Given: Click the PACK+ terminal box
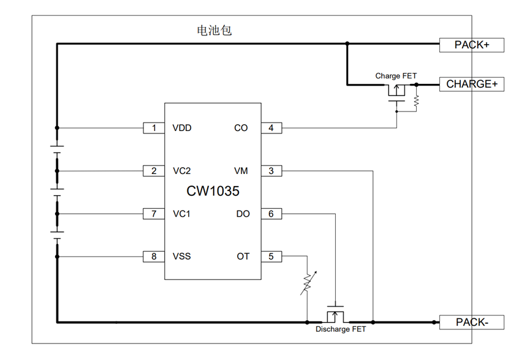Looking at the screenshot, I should pos(472,45).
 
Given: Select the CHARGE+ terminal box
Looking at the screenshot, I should pos(472,84).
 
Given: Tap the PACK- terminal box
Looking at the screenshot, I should pos(472,322).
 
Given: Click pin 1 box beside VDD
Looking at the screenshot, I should pos(154,128).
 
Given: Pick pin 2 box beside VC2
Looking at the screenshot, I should pos(154,171).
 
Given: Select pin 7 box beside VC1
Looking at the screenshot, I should pos(154,214).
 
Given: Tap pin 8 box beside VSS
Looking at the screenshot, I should pos(154,257).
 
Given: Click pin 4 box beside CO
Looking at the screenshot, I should pos(271,128).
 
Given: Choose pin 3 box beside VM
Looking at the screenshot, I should pos(271,171).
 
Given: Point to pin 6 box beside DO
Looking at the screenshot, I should pos(271,214).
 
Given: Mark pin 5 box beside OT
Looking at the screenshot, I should pos(271,257).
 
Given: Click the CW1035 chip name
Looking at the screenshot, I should pos(213,191).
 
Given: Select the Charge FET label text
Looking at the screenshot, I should pos(396,76).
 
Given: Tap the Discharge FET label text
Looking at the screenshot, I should pos(341,329).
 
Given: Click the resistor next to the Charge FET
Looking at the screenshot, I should pos(417,100).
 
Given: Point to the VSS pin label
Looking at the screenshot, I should pos(182,257).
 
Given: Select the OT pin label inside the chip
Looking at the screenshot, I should pos(243,257).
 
